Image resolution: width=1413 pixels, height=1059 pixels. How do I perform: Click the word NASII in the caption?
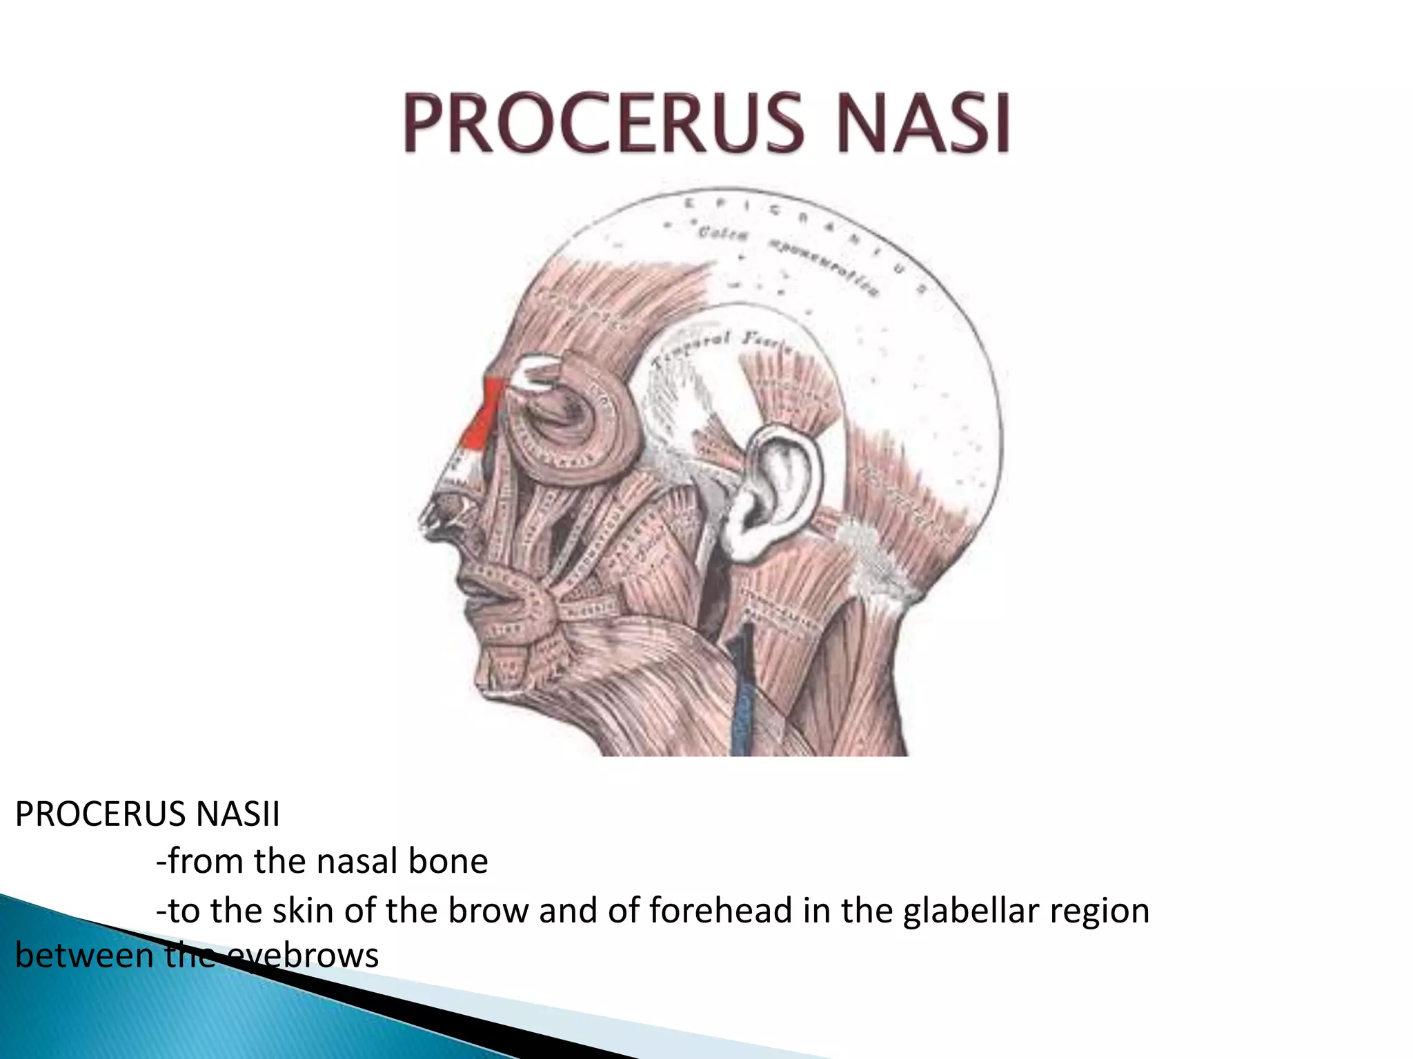point(237,814)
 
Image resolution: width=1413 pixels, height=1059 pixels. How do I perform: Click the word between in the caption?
point(84,956)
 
